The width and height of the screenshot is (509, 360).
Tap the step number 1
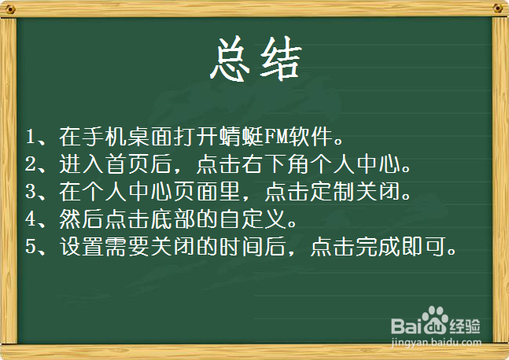31,138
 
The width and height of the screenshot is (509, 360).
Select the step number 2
31,166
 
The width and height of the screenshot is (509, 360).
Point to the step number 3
31,193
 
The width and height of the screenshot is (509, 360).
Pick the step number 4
31,220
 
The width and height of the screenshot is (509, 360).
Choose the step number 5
31,248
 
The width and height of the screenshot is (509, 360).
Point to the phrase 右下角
309,166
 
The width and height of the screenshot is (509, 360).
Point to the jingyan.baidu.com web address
436,343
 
